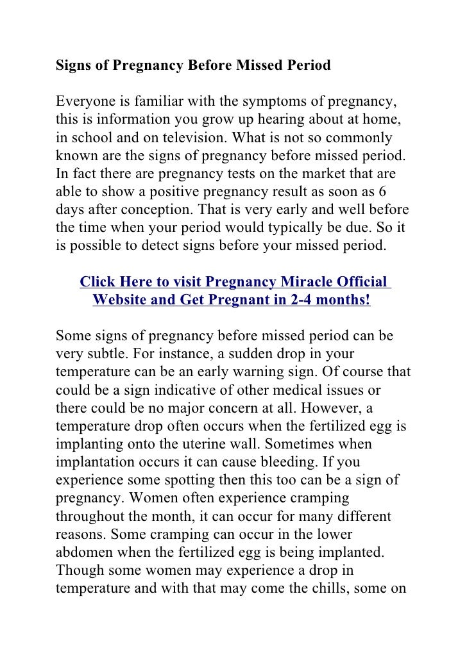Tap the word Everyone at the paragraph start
(x=85, y=102)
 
